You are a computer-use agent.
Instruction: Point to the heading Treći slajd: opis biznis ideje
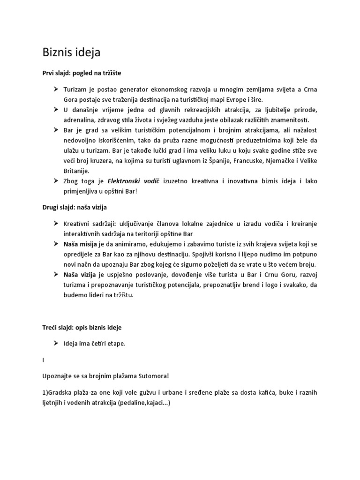click(x=82, y=327)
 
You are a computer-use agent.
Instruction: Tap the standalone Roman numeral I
click(x=43, y=360)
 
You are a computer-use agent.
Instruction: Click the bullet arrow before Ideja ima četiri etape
click(x=56, y=344)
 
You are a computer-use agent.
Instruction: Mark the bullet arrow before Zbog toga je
click(x=56, y=182)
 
